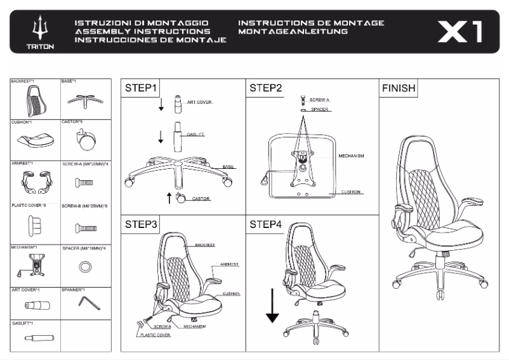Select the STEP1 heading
coord(141,88)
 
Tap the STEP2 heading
coord(266,88)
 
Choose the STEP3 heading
coord(141,224)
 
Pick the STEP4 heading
coord(266,224)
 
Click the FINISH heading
coord(398,88)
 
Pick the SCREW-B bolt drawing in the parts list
coord(85,227)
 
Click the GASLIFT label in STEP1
coord(195,135)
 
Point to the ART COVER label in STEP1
coord(199,102)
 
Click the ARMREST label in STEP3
coord(229,263)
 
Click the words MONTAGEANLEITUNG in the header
coord(293,30)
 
